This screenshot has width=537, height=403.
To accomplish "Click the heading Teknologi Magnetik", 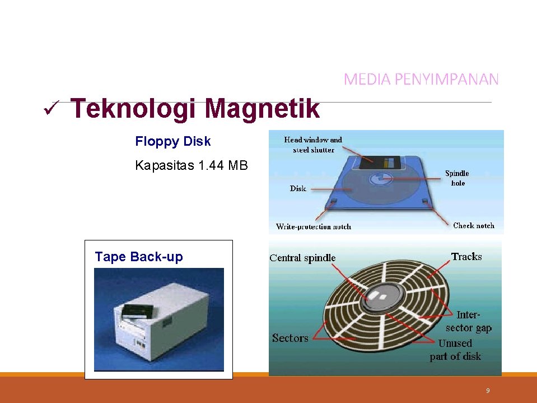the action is pyautogui.click(x=195, y=109).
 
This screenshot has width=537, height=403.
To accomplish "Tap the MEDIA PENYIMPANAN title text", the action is pyautogui.click(x=421, y=80).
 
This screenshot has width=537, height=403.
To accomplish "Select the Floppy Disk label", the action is pyautogui.click(x=173, y=141).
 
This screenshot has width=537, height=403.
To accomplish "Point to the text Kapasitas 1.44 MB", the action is pyautogui.click(x=191, y=165).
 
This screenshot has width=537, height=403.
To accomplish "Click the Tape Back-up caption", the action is pyautogui.click(x=139, y=257).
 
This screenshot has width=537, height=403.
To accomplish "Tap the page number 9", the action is pyautogui.click(x=488, y=391).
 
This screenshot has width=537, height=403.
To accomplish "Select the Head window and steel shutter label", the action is pyautogui.click(x=313, y=145).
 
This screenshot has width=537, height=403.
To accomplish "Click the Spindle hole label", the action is pyautogui.click(x=457, y=178).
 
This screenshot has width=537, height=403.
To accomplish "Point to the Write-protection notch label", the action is pyautogui.click(x=314, y=226).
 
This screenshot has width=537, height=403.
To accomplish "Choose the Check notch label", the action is pyautogui.click(x=473, y=225).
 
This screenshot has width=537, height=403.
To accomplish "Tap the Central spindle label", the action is pyautogui.click(x=302, y=258).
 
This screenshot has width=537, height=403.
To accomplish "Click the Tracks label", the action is pyautogui.click(x=466, y=257).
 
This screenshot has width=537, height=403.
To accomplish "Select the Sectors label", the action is pyautogui.click(x=290, y=338).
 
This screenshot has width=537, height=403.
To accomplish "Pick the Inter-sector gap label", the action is pyautogui.click(x=468, y=321).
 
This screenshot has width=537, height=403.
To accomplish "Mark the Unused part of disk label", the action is pyautogui.click(x=455, y=349).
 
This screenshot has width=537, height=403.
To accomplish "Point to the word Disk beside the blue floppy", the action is pyautogui.click(x=298, y=189).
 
